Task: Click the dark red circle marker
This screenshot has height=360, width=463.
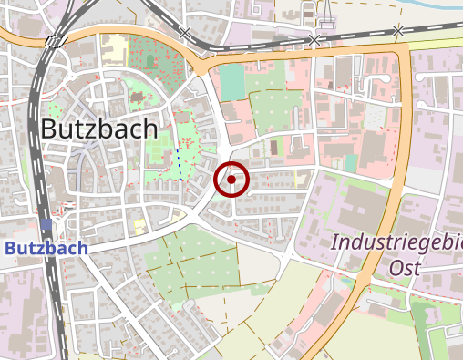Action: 231,180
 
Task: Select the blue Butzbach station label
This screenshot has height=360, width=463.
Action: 46,248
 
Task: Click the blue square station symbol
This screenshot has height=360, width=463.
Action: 46,224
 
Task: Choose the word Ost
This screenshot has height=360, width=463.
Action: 406,268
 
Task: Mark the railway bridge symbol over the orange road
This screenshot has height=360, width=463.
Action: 57,40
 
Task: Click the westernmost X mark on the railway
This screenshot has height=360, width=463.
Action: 185,33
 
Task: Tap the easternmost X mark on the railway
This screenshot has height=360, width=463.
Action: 397,31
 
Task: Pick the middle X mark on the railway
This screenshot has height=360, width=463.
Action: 314,40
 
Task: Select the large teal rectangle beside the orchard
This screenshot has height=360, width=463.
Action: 232,82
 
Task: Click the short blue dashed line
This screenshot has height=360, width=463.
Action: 179,164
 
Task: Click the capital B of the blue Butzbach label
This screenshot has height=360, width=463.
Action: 11,248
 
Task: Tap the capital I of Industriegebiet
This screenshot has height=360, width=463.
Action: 334,243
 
